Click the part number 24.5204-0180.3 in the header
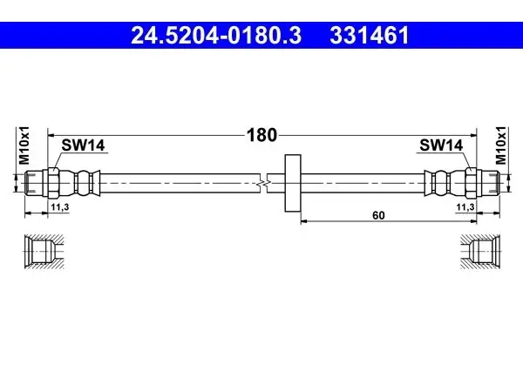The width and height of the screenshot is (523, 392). (x=216, y=36)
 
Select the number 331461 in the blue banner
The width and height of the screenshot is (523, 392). (x=370, y=36)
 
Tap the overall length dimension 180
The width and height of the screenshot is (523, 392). (x=261, y=135)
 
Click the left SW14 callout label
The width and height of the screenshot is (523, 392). (x=83, y=145)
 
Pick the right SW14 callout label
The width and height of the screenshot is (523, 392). (x=441, y=145)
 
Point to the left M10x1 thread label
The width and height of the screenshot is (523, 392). (x=24, y=145)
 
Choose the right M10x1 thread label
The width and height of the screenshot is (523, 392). (x=500, y=145)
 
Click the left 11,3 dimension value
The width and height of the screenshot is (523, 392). (x=59, y=207)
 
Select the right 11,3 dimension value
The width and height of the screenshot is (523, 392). (x=465, y=207)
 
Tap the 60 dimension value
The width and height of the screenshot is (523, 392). (x=378, y=216)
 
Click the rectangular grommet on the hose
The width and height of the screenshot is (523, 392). (x=293, y=183)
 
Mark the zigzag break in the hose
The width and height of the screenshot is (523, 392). (x=263, y=183)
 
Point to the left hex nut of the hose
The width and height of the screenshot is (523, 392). (x=53, y=183)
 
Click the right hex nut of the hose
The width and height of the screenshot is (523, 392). (x=471, y=183)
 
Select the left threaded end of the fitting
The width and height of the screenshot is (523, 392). (x=33, y=183)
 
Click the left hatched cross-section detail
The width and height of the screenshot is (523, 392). (x=44, y=252)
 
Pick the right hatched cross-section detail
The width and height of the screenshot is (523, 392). (x=480, y=252)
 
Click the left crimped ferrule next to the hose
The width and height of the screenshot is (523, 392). (x=87, y=183)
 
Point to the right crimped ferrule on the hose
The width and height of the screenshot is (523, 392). (x=438, y=183)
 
